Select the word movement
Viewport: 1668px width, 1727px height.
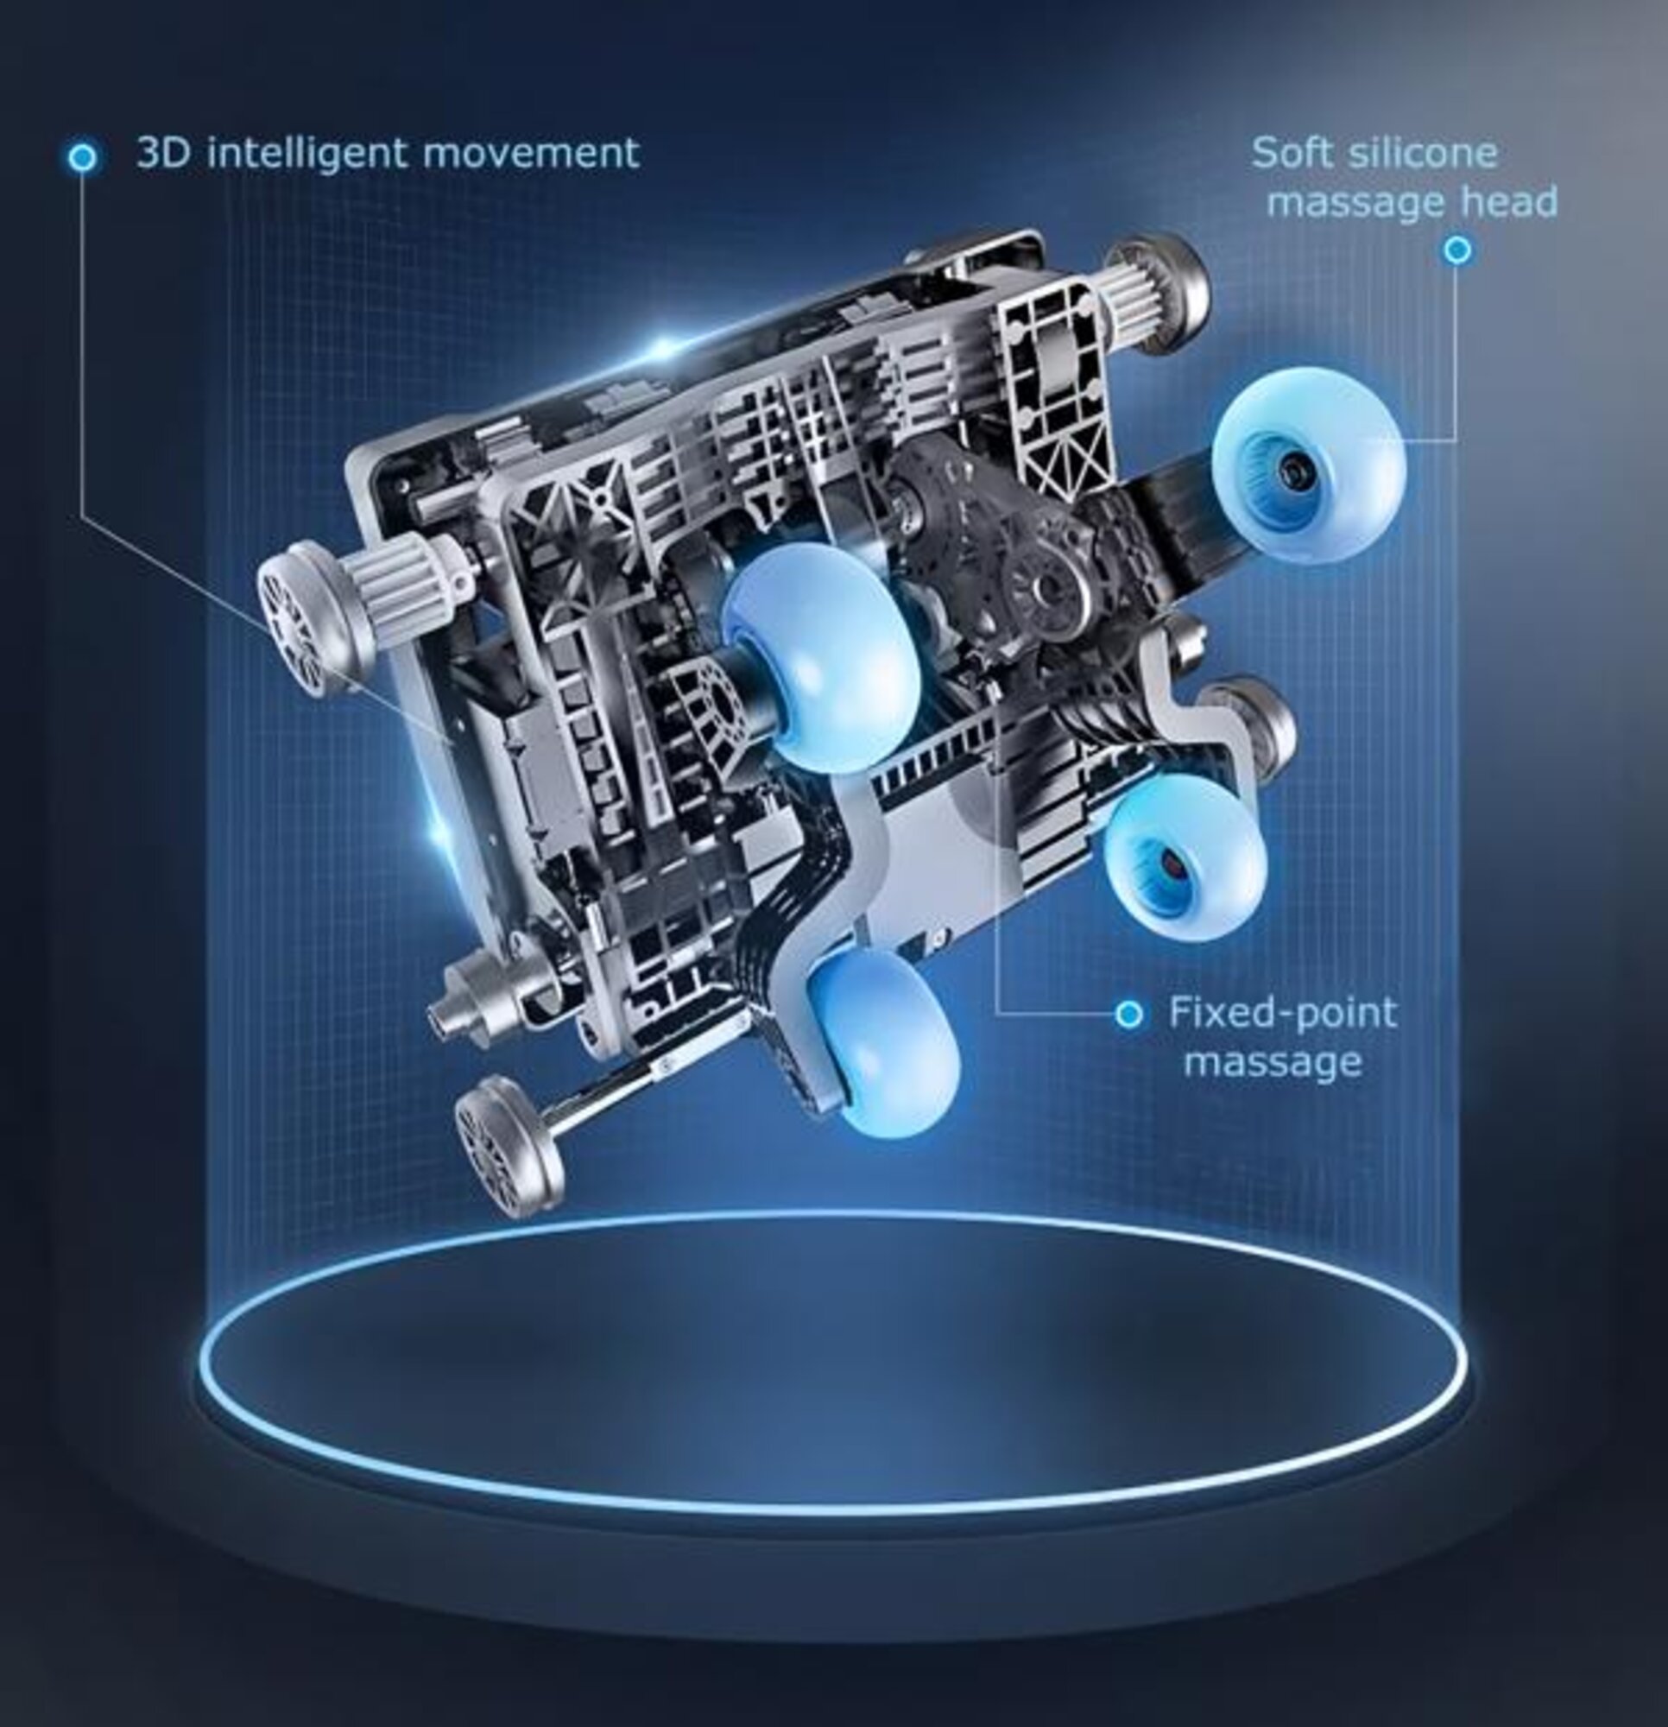[x=530, y=154]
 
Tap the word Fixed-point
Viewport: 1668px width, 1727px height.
[x=1282, y=1012]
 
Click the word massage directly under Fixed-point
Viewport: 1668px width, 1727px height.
[x=1273, y=1062]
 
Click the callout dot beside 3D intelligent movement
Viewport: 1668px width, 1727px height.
[x=83, y=158]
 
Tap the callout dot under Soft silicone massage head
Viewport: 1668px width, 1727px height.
[x=1457, y=250]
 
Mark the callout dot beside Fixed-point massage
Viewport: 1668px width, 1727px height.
[x=1128, y=1014]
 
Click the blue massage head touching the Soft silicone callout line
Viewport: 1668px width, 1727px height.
[x=1308, y=465]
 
